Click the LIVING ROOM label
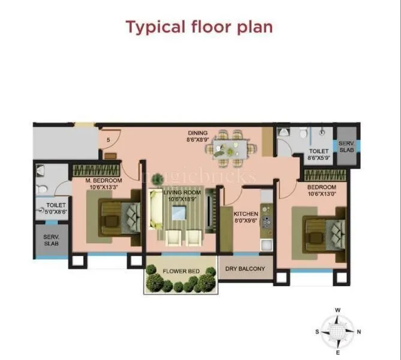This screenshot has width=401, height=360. [183, 195]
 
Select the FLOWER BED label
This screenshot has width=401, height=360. [181, 271]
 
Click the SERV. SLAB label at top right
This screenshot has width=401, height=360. [347, 147]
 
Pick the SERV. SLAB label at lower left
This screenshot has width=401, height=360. [51, 240]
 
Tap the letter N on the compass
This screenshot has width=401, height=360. [359, 331]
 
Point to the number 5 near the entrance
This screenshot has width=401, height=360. [108, 140]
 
